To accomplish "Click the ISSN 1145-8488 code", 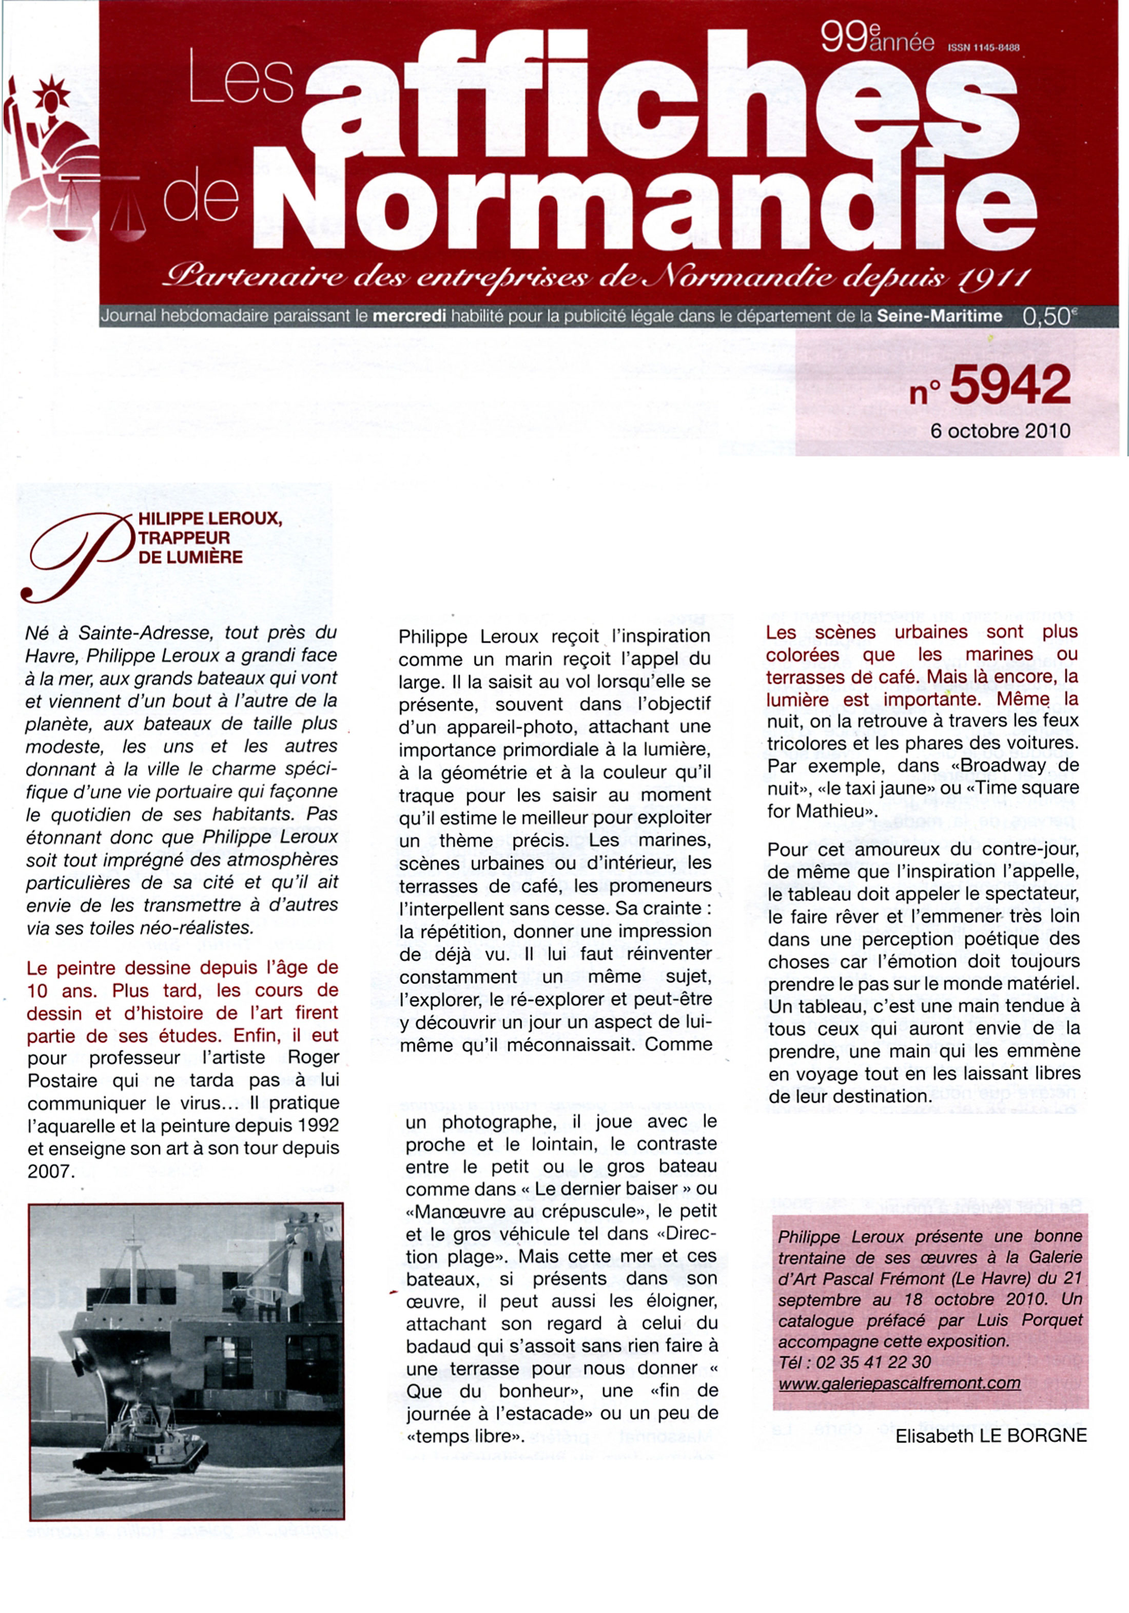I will click(983, 48).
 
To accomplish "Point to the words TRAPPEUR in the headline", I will click(184, 538).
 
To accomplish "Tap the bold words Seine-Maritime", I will click(939, 316).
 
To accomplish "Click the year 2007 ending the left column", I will click(49, 1171).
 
